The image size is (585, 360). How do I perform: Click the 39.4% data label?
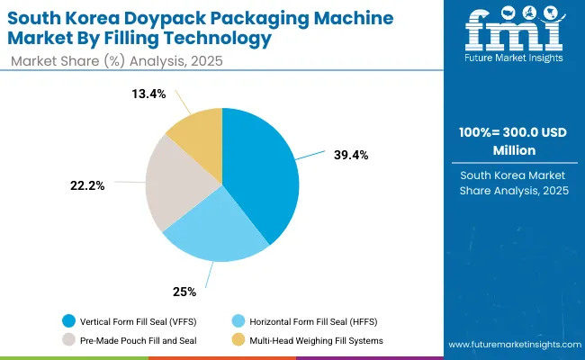click(350, 155)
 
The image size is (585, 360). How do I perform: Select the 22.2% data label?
click(88, 185)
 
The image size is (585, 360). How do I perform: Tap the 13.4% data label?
click(149, 94)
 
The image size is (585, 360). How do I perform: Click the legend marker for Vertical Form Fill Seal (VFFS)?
click(69, 320)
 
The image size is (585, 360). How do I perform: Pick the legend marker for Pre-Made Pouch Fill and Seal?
click(69, 339)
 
